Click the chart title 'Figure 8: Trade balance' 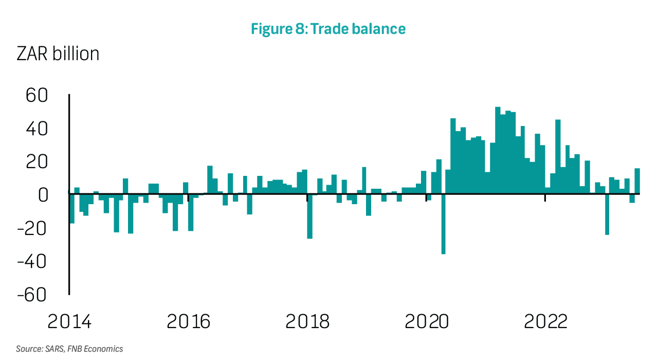point(328,29)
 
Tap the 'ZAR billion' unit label point(58,54)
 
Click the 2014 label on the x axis point(69,322)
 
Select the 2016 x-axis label point(189,322)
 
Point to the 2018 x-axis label point(307,322)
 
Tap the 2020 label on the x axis point(427,322)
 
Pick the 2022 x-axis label point(545,322)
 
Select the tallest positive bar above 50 point(498,150)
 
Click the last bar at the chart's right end point(637,181)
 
